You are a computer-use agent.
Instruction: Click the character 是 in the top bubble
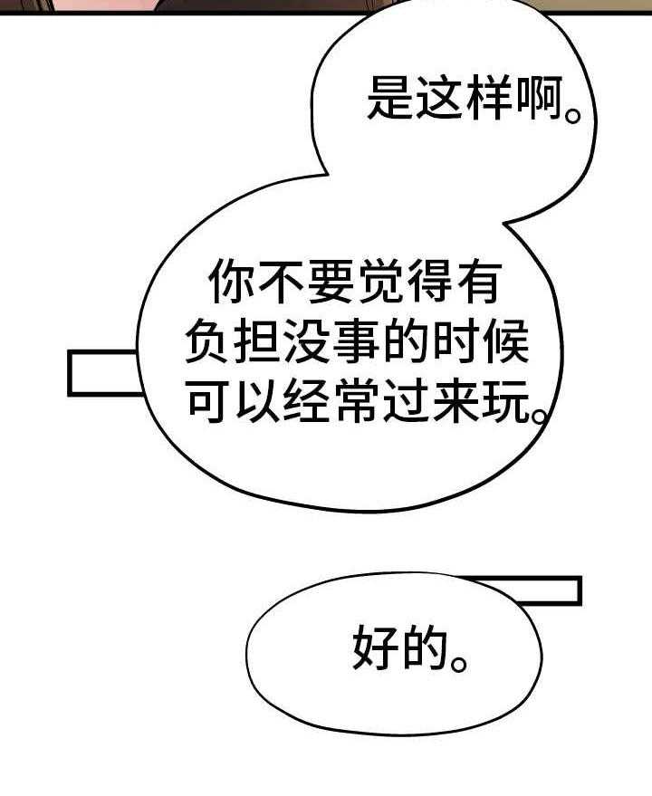click(390, 98)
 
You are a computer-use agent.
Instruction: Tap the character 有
click(479, 282)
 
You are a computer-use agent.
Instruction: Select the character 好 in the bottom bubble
click(376, 647)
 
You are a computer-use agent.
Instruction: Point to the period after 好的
click(459, 664)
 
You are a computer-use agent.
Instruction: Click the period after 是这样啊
click(573, 114)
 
